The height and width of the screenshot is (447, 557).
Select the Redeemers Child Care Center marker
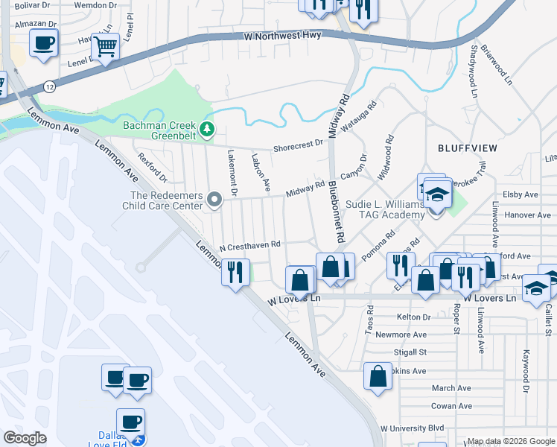(x=214, y=199)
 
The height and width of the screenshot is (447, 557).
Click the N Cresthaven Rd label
(x=250, y=244)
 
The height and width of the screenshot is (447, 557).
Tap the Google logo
(x=24, y=438)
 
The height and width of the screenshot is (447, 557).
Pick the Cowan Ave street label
(x=451, y=406)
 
